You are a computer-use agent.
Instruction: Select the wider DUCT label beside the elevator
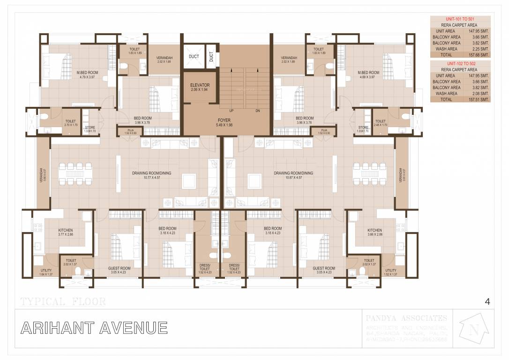click(194, 57)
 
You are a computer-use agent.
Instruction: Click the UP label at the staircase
click(232, 111)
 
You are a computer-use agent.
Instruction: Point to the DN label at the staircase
click(257, 111)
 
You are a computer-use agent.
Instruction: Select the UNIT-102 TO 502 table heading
click(460, 63)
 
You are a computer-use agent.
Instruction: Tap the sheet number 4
click(487, 302)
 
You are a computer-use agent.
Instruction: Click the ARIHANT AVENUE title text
click(94, 328)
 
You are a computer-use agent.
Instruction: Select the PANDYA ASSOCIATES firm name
click(406, 318)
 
